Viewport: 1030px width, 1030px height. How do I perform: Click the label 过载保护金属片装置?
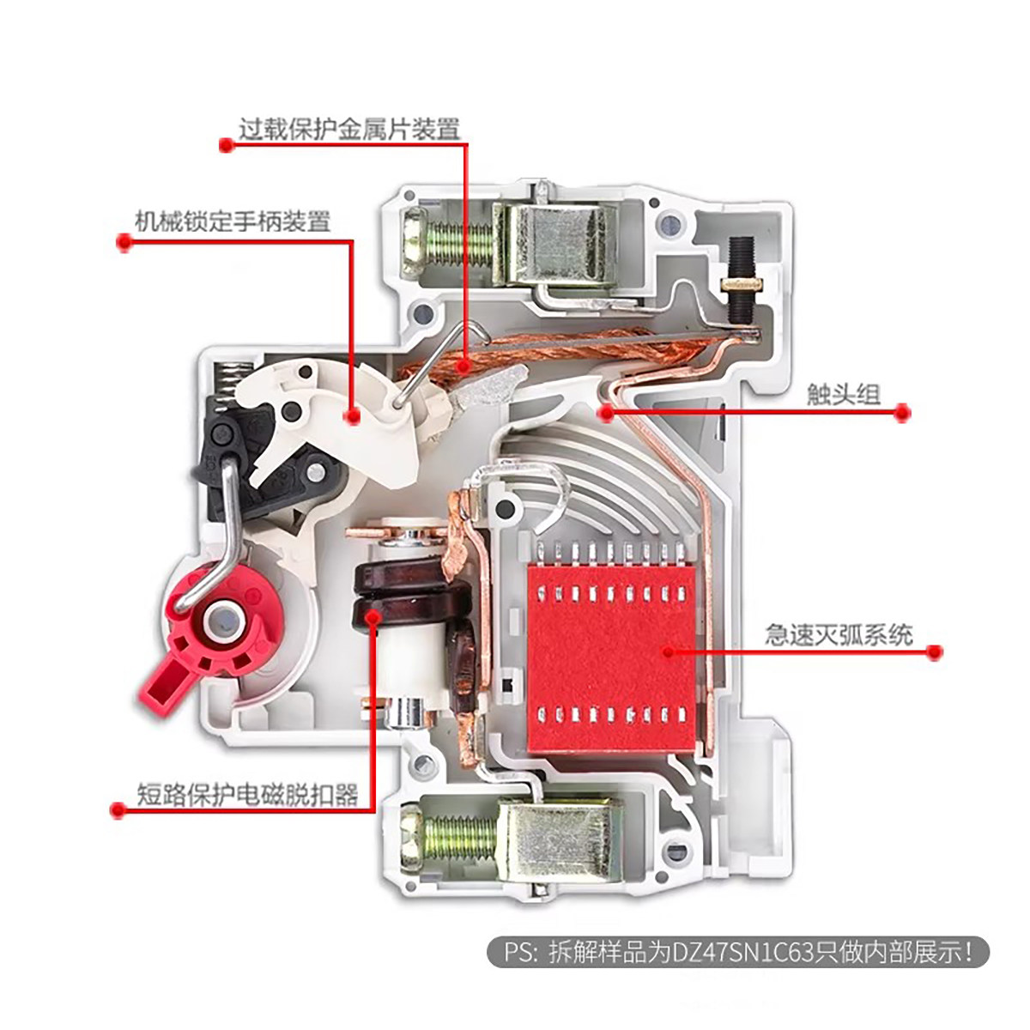[x=348, y=130]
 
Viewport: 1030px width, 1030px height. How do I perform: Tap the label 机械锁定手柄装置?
[x=233, y=221]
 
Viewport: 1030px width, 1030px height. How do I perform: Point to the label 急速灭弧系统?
[x=839, y=634]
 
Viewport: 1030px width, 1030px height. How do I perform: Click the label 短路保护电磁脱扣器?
[x=247, y=794]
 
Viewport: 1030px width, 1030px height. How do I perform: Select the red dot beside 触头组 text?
[x=901, y=413]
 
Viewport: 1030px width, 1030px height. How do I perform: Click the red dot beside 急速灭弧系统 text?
[x=935, y=652]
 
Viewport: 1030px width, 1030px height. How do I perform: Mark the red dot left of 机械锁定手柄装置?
[x=124, y=243]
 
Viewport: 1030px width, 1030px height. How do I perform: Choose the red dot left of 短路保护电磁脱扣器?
[x=118, y=809]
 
